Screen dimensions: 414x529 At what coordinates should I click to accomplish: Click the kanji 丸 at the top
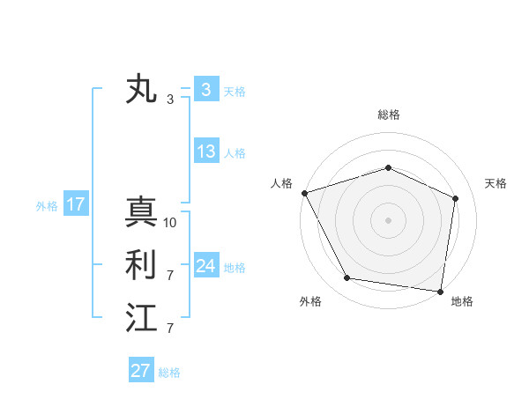tap(141, 91)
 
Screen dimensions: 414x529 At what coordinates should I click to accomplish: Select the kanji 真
tap(141, 212)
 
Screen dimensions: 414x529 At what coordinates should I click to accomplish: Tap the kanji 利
tap(141, 265)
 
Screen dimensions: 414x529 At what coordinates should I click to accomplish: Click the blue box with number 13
tap(205, 152)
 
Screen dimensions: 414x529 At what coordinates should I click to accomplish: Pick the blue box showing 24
tap(205, 265)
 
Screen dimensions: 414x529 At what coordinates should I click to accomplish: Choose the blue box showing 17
tap(76, 205)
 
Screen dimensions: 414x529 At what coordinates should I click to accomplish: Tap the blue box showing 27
tap(141, 371)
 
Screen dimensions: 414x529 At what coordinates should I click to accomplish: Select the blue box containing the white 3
tap(205, 89)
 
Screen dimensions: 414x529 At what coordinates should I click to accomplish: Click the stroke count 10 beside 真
tap(170, 223)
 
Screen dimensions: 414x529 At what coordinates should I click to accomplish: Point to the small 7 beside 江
tap(170, 329)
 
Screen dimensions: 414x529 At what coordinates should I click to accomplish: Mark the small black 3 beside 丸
tap(170, 100)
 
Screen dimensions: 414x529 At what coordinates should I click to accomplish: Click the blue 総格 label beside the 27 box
tap(169, 373)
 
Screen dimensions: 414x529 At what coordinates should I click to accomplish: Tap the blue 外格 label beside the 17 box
tap(47, 206)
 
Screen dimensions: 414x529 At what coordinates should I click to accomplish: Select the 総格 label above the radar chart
tap(388, 115)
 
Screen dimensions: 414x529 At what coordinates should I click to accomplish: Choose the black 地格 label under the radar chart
tap(462, 301)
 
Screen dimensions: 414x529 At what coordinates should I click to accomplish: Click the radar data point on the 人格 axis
tap(304, 193)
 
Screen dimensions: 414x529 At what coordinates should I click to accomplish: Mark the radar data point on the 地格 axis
tap(440, 291)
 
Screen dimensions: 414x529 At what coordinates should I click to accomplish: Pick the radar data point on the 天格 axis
tap(456, 197)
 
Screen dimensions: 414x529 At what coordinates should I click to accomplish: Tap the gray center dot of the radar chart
tap(388, 219)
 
